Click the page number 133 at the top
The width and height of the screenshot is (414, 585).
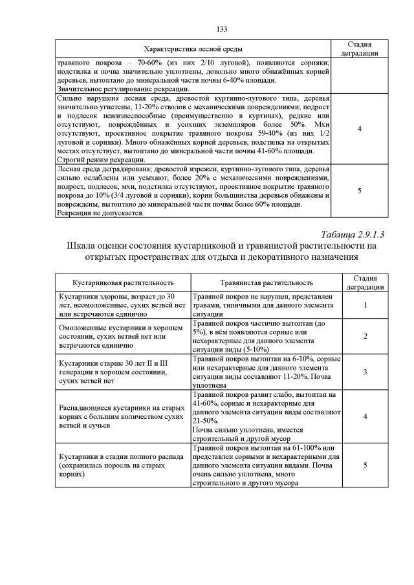tap(221, 29)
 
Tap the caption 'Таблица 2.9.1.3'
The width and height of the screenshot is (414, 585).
tap(356, 233)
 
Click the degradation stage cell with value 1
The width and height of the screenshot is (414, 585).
tap(365, 305)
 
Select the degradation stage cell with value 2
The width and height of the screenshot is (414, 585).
tap(365, 336)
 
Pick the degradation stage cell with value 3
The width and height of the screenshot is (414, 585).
tap(365, 372)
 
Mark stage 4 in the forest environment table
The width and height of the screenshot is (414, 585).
tap(359, 129)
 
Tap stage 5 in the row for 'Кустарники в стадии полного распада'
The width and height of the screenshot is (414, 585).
tap(365, 465)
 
